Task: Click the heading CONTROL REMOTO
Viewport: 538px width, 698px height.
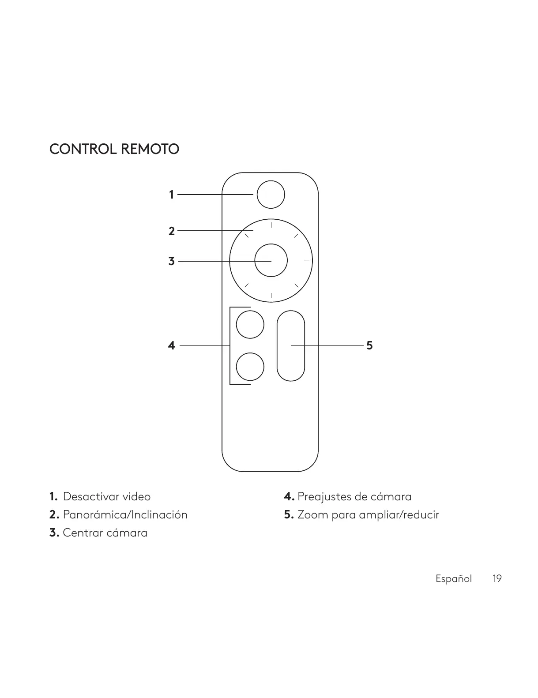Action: [114, 149]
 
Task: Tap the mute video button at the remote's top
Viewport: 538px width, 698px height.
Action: [271, 194]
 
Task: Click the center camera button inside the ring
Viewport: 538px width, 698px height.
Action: [271, 260]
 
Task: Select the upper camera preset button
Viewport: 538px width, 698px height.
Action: [250, 324]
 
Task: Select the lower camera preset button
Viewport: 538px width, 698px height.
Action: [250, 367]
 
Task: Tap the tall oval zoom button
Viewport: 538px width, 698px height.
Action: [291, 345]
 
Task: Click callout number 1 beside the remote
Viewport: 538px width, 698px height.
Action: [172, 195]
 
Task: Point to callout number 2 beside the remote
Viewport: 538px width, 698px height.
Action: [172, 231]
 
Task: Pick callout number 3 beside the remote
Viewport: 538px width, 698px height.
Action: [172, 261]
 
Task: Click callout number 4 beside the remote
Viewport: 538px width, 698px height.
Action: [172, 345]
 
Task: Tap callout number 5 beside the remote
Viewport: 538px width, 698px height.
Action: [369, 345]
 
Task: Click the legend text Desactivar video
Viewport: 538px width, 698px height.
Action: [106, 497]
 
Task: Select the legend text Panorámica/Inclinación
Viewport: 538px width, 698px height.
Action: [125, 515]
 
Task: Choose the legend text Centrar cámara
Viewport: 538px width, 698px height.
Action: [105, 533]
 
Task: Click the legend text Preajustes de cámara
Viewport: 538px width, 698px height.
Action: [354, 497]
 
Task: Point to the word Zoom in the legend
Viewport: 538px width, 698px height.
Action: [312, 515]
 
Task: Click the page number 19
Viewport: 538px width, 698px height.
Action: [497, 578]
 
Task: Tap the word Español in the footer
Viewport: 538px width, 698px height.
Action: [454, 579]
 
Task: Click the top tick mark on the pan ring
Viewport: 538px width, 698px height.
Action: [271, 225]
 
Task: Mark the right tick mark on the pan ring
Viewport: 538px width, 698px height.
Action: [307, 260]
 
